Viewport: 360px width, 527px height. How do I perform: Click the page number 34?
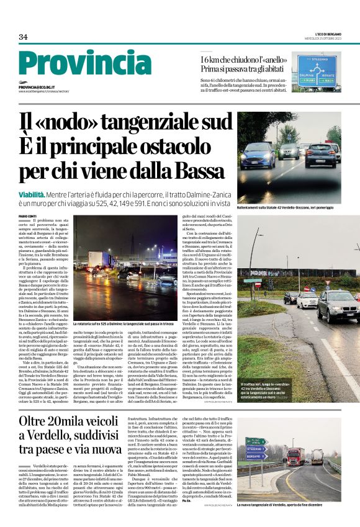point(23,37)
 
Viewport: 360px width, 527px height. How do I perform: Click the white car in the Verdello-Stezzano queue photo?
point(308,300)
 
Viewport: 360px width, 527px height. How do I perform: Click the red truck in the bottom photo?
point(295,457)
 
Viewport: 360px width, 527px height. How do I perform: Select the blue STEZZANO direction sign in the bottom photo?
point(255,449)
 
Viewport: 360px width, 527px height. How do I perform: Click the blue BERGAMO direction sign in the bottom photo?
point(255,456)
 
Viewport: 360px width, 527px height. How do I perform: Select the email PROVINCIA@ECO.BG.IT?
point(36,88)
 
